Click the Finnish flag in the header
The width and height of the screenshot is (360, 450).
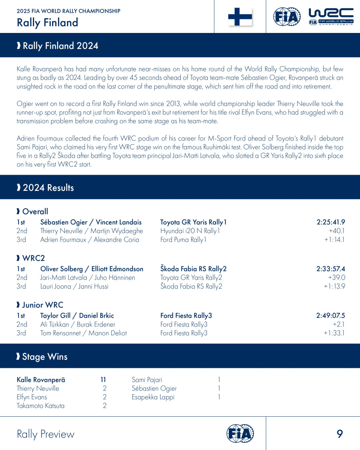pos(240,17)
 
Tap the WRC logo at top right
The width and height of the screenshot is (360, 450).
pos(331,17)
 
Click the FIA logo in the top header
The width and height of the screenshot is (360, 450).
pos(287,17)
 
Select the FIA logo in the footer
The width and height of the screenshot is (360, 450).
pos(240,434)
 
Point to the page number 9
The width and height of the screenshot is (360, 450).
pos(340,434)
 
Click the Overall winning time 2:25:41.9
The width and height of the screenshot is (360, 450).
pos(330,222)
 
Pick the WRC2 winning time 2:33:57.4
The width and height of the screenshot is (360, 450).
pos(330,269)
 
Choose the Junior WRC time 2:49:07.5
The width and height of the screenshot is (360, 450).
pos(330,316)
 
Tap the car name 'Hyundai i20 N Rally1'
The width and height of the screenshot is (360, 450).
pos(190,231)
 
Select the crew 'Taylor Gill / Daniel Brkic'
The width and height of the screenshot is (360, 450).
pos(77,316)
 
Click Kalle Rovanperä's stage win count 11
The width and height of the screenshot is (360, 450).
pos(103,380)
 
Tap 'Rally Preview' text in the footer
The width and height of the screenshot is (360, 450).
pos(45,434)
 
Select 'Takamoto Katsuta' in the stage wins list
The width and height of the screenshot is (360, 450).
pos(41,406)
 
